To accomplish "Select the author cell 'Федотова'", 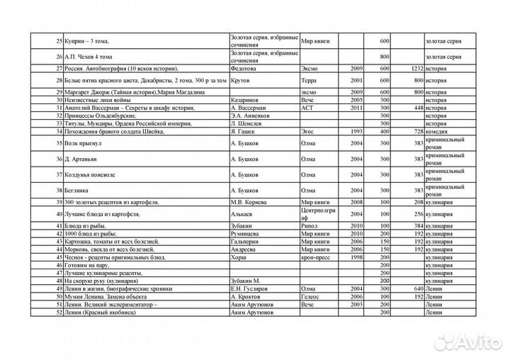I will tap(244, 68).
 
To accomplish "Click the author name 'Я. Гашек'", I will tap(244, 132).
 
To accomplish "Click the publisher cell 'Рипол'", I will tap(309, 225).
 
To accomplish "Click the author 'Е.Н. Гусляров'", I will tap(254, 289).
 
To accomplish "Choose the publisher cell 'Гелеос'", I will tap(311, 296).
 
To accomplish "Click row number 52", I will tap(59, 312).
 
